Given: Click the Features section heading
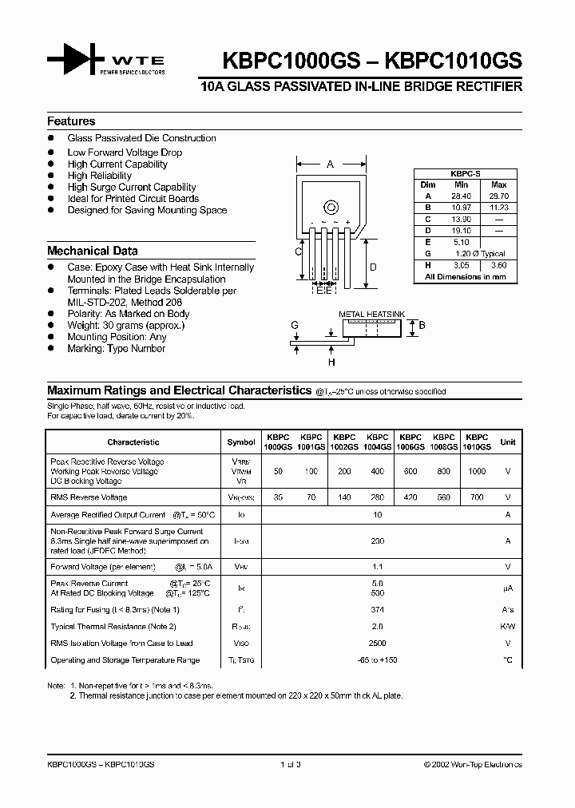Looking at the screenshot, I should click(x=71, y=121).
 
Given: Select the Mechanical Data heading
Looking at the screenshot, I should click(x=92, y=251).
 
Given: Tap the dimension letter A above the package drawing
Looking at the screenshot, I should click(x=330, y=164).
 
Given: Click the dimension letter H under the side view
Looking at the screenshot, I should click(x=331, y=362).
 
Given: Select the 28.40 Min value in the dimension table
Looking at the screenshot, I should click(x=462, y=196).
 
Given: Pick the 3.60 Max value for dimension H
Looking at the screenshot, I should click(x=498, y=264).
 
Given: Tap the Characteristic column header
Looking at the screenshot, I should click(x=133, y=442).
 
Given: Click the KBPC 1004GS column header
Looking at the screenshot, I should click(x=378, y=442).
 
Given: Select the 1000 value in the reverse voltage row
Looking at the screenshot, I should click(x=476, y=472).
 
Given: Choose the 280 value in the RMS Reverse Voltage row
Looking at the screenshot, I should click(x=378, y=497).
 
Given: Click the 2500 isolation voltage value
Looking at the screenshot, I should click(x=378, y=643).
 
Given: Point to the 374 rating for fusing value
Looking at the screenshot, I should click(x=378, y=609).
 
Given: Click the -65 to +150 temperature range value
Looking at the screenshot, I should click(x=378, y=660).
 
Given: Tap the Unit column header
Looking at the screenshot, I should click(x=507, y=442).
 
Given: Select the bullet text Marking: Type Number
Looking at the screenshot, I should click(x=117, y=349).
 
